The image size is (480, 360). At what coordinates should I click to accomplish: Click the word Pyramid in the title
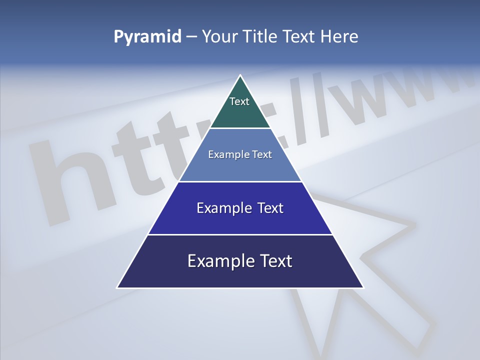coord(147,37)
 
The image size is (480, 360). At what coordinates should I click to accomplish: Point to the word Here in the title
coord(339,37)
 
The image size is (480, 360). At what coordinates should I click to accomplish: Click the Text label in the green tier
coord(239,101)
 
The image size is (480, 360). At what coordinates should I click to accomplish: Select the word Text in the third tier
coord(270,208)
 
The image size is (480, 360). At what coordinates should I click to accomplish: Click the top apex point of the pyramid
coord(240,75)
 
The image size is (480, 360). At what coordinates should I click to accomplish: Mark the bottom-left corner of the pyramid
coord(118,287)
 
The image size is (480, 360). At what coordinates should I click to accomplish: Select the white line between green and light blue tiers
coord(240,128)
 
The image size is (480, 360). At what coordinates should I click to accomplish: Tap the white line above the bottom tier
coord(240,234)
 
